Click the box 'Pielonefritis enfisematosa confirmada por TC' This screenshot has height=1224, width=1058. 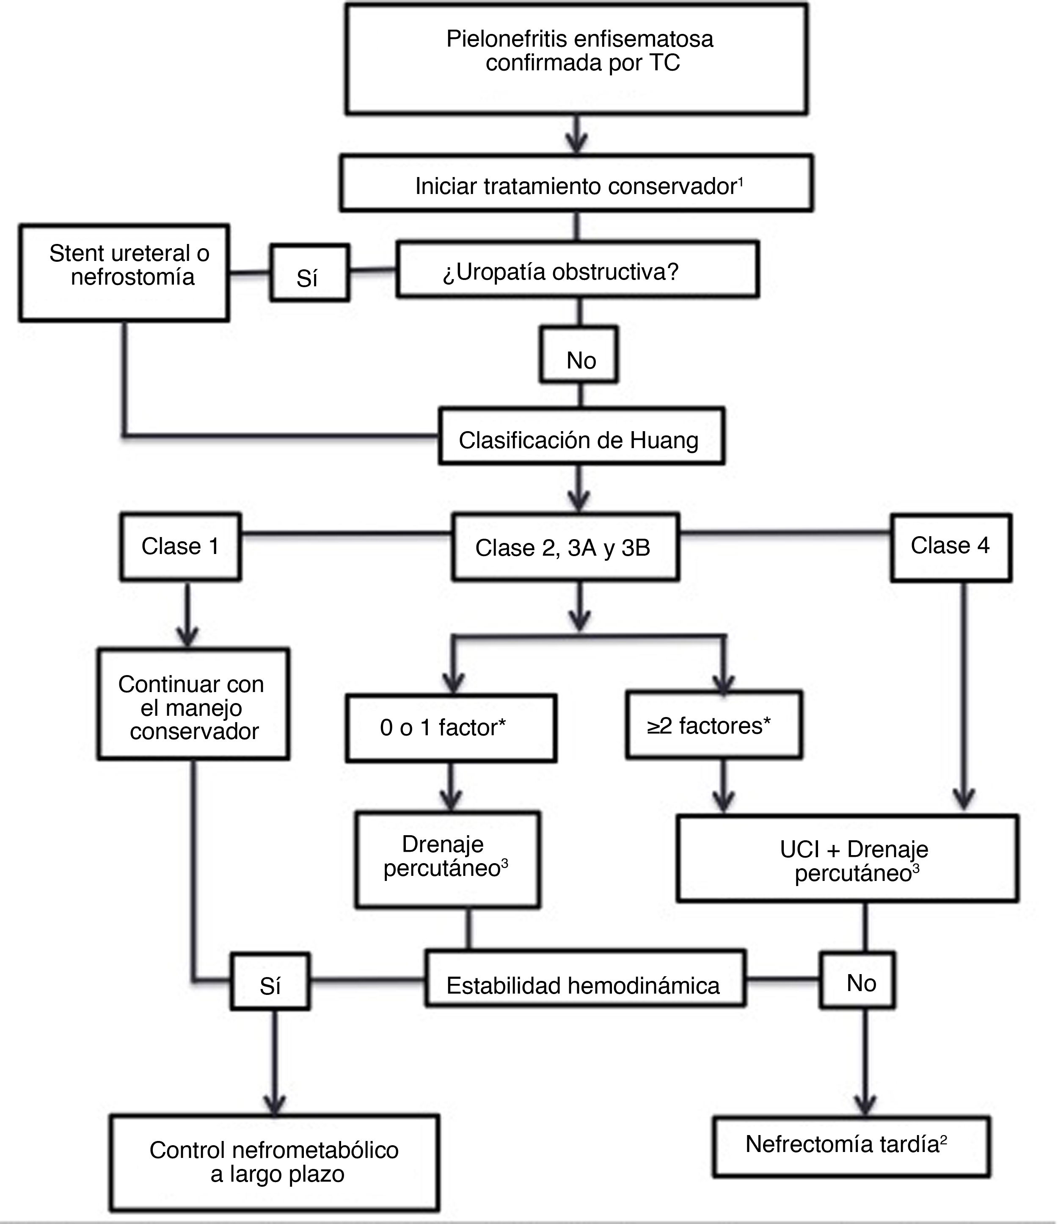(576, 58)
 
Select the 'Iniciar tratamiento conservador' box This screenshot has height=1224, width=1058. (576, 184)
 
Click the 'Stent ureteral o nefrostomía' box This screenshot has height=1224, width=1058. (124, 273)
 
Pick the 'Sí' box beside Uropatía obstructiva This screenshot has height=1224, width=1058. (309, 273)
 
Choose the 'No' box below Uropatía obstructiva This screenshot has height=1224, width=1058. (579, 355)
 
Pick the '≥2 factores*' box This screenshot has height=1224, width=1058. (714, 725)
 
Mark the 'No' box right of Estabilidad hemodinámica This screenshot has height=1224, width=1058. (857, 980)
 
